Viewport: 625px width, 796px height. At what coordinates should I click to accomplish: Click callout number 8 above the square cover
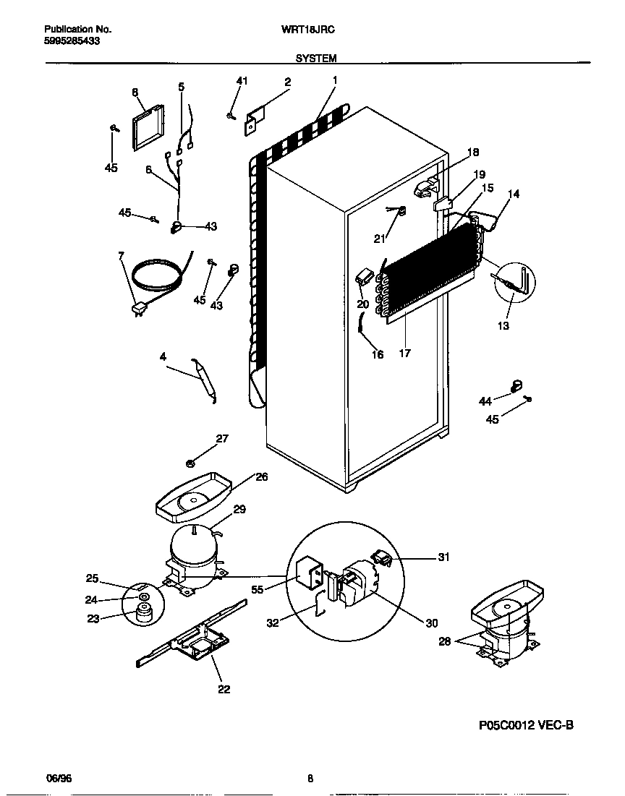tap(135, 92)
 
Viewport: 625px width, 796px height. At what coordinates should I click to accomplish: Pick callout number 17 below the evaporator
tap(404, 354)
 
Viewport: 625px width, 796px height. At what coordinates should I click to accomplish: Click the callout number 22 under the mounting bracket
tap(224, 689)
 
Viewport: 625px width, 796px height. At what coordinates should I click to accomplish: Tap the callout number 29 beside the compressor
tap(239, 510)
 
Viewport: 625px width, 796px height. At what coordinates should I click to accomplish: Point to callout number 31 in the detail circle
tap(443, 557)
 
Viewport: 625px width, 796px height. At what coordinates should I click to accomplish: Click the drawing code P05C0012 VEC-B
tap(526, 725)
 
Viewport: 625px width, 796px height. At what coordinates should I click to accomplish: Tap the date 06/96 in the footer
tap(58, 779)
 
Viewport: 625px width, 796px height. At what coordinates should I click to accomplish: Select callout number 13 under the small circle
tap(503, 325)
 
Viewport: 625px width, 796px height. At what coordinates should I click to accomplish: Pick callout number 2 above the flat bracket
tap(287, 82)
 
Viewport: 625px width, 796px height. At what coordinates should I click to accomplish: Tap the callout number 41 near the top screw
tap(242, 81)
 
